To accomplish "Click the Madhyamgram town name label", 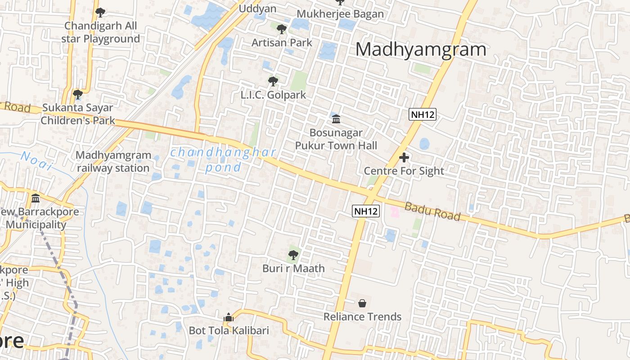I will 421,49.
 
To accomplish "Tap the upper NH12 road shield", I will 423,114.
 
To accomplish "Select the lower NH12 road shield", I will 366,211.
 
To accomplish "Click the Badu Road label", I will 432,211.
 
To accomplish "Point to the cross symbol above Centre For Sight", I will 404,157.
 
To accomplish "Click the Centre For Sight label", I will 404,171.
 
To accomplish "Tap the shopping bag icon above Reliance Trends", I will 362,303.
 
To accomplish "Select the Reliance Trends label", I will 362,317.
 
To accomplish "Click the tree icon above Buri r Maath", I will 293,255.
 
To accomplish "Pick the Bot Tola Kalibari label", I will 229,331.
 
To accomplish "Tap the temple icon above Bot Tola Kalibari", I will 229,317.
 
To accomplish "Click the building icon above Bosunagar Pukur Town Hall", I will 336,119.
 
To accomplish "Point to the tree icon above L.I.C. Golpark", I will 273,81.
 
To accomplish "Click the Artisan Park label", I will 282,43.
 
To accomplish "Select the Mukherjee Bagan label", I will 340,14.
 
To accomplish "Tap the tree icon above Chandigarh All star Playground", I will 100,12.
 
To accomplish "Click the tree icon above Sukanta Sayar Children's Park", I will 78,94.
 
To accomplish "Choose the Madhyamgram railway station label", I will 113,162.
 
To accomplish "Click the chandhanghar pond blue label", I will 223,159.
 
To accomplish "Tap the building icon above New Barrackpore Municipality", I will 36,198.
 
